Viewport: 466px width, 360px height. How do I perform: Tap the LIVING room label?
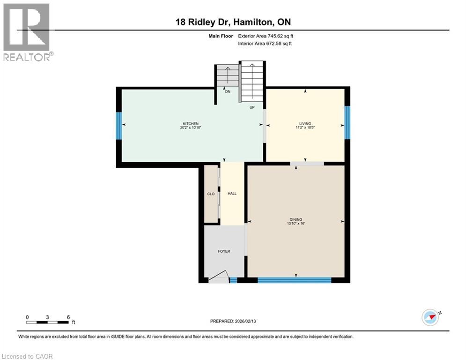point(305,124)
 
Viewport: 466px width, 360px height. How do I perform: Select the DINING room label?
point(296,219)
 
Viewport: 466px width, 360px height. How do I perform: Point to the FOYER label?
point(224,251)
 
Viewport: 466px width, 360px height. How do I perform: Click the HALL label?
point(232,194)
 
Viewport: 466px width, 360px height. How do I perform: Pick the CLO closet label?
point(211,194)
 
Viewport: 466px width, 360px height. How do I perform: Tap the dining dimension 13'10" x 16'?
point(296,224)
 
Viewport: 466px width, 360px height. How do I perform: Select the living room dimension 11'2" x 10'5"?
point(305,128)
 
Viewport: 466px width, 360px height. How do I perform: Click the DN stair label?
point(228,92)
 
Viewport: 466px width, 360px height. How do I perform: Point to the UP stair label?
point(251,107)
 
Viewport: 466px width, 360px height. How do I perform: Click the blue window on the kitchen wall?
point(119,125)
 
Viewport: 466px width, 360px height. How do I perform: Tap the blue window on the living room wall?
point(347,122)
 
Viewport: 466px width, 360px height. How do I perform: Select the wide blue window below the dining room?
point(294,280)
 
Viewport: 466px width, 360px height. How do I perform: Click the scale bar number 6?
point(68,317)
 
